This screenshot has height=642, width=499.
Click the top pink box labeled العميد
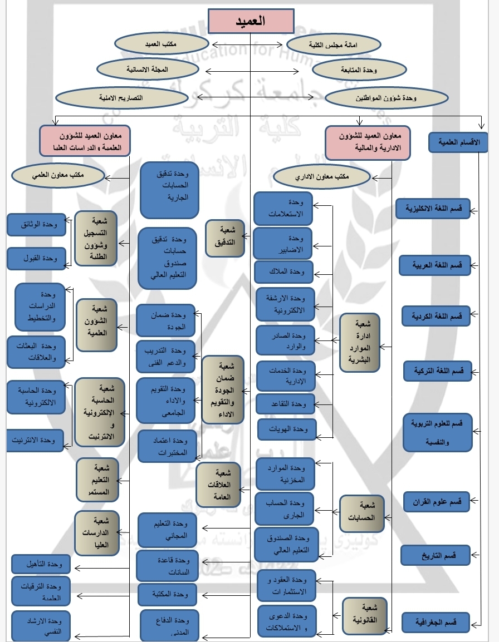251,21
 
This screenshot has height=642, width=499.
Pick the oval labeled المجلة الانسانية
148,69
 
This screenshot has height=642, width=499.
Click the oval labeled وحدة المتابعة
360,70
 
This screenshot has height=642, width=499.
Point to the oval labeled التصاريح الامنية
121,97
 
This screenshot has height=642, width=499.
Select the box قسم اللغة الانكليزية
433,209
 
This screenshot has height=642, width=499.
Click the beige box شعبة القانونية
365,615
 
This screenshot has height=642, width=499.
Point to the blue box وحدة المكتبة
167,594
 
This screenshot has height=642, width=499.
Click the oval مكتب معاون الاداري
322,177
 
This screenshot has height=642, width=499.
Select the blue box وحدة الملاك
284,271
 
